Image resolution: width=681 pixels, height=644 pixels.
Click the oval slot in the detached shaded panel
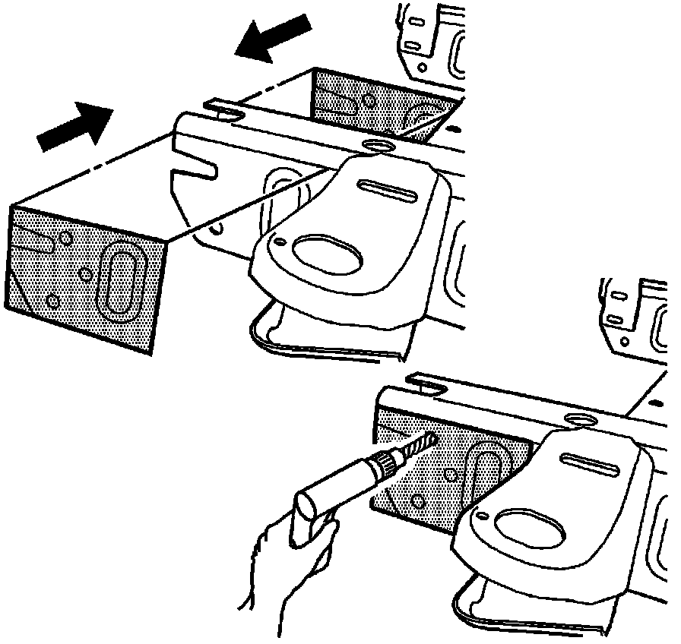(x=120, y=277)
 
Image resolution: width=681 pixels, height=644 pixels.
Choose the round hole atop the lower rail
(x=581, y=418)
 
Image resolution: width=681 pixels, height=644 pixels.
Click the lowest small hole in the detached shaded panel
(x=52, y=301)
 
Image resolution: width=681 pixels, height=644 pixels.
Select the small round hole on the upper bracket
(x=281, y=243)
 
